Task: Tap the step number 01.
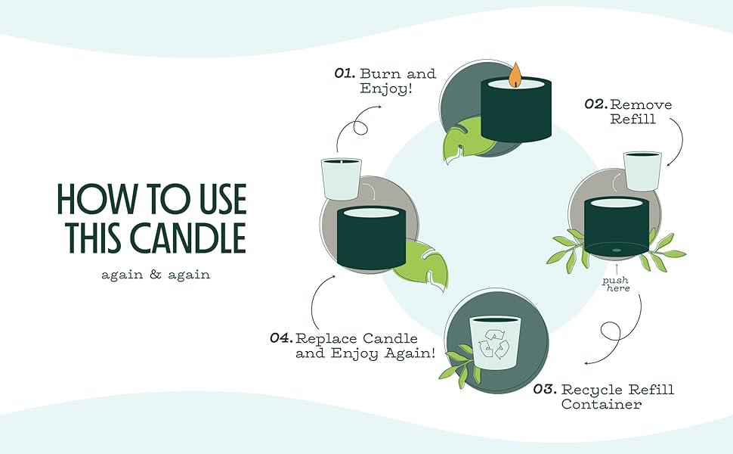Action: click(x=345, y=74)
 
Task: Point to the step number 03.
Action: click(x=546, y=390)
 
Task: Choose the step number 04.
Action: click(x=281, y=338)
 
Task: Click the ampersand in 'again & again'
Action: click(x=156, y=275)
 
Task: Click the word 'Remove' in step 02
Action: click(x=641, y=104)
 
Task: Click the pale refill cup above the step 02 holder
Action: click(x=642, y=170)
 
